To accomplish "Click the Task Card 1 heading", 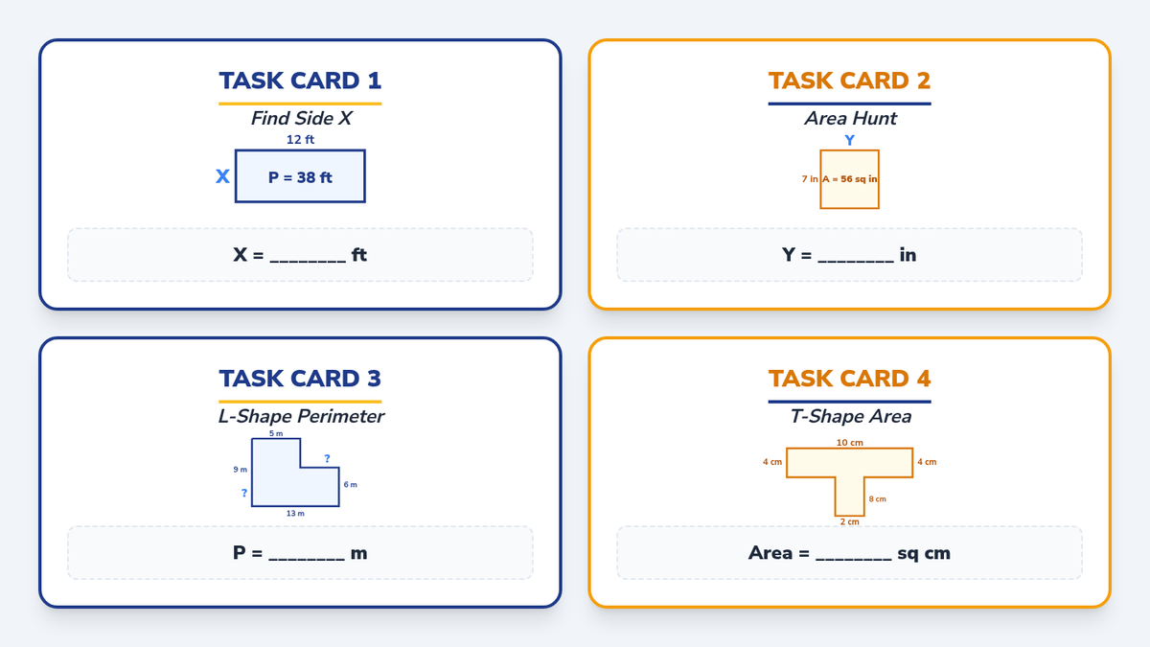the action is pyautogui.click(x=300, y=81).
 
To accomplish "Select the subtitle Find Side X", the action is pyautogui.click(x=301, y=118).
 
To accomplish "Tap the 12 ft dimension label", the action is pyautogui.click(x=300, y=139).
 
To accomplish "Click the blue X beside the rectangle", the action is pyautogui.click(x=222, y=176).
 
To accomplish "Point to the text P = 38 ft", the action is pyautogui.click(x=300, y=177).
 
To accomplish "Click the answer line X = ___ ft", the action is pyautogui.click(x=300, y=255).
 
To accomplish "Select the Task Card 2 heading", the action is pyautogui.click(x=849, y=81).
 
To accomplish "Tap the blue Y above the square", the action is pyautogui.click(x=850, y=140).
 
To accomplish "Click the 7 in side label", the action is pyautogui.click(x=810, y=178).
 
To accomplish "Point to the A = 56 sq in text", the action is pyautogui.click(x=850, y=178).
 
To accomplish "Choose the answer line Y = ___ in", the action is pyautogui.click(x=849, y=255).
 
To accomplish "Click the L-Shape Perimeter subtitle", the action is pyautogui.click(x=301, y=416).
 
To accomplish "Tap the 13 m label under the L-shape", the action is pyautogui.click(x=295, y=513).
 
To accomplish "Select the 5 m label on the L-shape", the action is pyautogui.click(x=276, y=433).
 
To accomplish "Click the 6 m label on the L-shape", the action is pyautogui.click(x=350, y=484).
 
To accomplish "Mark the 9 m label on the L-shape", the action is pyautogui.click(x=241, y=470).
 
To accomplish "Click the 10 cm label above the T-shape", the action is pyautogui.click(x=850, y=442).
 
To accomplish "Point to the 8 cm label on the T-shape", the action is pyautogui.click(x=878, y=498).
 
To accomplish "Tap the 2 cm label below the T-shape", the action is pyautogui.click(x=850, y=521).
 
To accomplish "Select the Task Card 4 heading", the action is pyautogui.click(x=849, y=379).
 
